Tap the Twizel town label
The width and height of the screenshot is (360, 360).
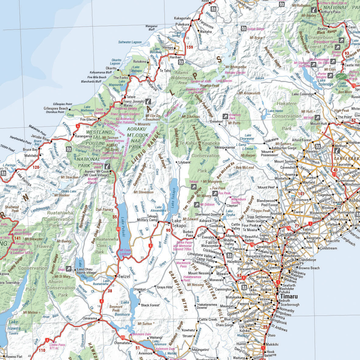[x=124, y=277]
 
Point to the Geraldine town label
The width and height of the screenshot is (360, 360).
[x=286, y=235]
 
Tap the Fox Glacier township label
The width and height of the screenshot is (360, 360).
[x=89, y=119]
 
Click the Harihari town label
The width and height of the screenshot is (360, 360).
[x=175, y=57]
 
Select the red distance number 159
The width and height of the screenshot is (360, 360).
[x=190, y=47]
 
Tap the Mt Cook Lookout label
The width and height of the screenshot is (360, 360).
[x=125, y=252]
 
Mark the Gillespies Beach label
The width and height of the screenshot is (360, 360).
[x=56, y=108]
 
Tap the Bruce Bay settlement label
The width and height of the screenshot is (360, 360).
[x=30, y=150]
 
